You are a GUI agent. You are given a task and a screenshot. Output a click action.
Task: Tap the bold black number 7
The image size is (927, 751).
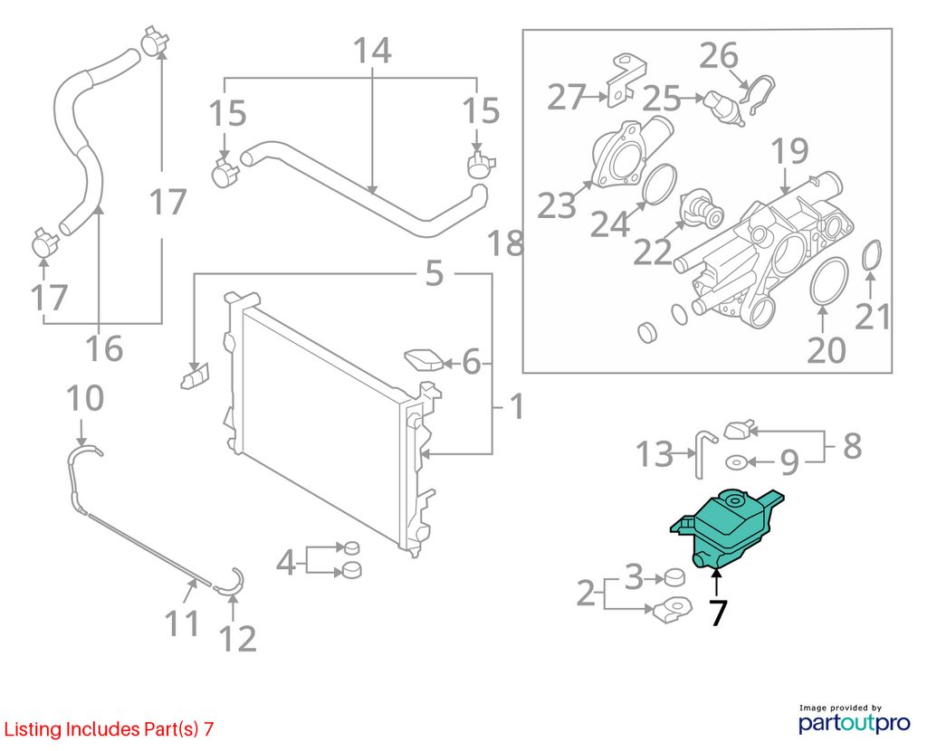pyautogui.click(x=717, y=613)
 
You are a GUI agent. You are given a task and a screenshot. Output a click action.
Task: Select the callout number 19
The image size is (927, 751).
pyautogui.click(x=789, y=151)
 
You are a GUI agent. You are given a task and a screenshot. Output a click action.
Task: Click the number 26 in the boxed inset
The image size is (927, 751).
pyautogui.click(x=719, y=56)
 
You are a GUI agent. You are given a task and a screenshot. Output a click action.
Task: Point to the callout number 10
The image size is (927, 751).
pyautogui.click(x=85, y=398)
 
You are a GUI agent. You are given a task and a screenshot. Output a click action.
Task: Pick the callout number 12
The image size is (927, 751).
pyautogui.click(x=238, y=639)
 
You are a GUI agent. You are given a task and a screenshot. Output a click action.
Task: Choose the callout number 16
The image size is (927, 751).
pyautogui.click(x=104, y=348)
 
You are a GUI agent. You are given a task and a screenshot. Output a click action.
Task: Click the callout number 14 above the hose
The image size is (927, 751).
pyautogui.click(x=372, y=51)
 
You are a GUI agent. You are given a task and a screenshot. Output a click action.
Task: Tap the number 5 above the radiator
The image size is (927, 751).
pyautogui.click(x=434, y=273)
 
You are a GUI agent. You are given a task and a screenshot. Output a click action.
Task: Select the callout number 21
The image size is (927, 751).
pyautogui.click(x=874, y=317)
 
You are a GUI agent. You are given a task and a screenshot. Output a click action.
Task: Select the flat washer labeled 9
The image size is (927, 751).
pyautogui.click(x=735, y=462)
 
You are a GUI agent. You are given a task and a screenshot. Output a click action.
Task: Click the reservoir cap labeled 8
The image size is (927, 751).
pyautogui.click(x=740, y=430)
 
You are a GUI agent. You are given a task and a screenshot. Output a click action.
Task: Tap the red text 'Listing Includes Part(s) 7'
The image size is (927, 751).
pyautogui.click(x=109, y=729)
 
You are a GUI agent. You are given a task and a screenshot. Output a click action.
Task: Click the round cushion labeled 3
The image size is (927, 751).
pyautogui.click(x=674, y=577)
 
